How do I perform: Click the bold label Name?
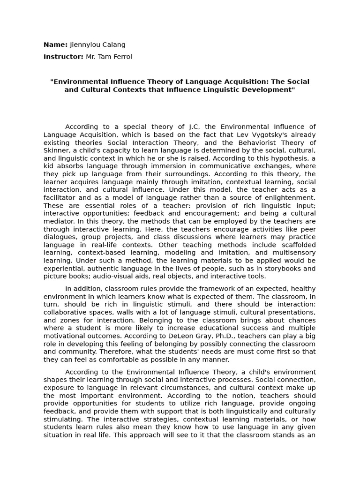tap(55, 45)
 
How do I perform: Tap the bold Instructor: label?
tap(64, 57)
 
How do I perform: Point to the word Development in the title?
tap(267, 90)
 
